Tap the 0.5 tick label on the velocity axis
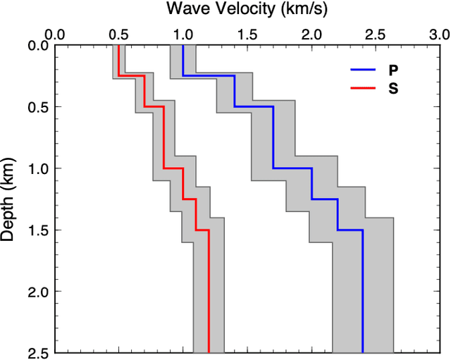click(x=119, y=34)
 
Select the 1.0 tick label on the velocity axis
click(x=183, y=34)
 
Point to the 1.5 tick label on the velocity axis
click(x=247, y=34)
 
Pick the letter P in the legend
click(x=392, y=70)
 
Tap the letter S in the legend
click(x=392, y=88)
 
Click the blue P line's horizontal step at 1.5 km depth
click(x=350, y=230)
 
